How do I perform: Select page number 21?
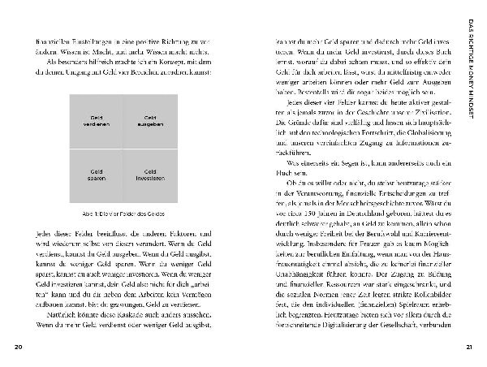click(x=468, y=348)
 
